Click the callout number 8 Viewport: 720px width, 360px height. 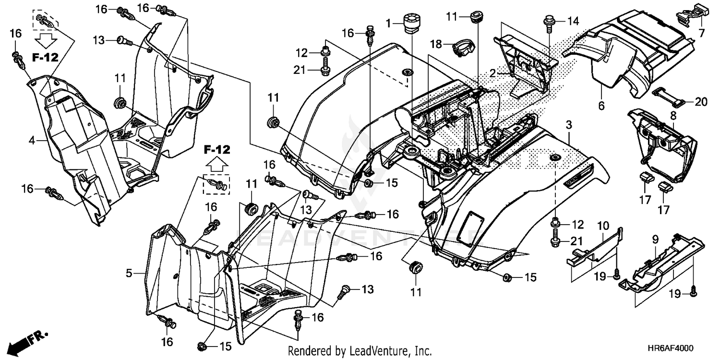pos(672,115)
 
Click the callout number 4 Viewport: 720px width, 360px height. pos(32,140)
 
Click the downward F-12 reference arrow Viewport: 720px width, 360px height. pos(46,40)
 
